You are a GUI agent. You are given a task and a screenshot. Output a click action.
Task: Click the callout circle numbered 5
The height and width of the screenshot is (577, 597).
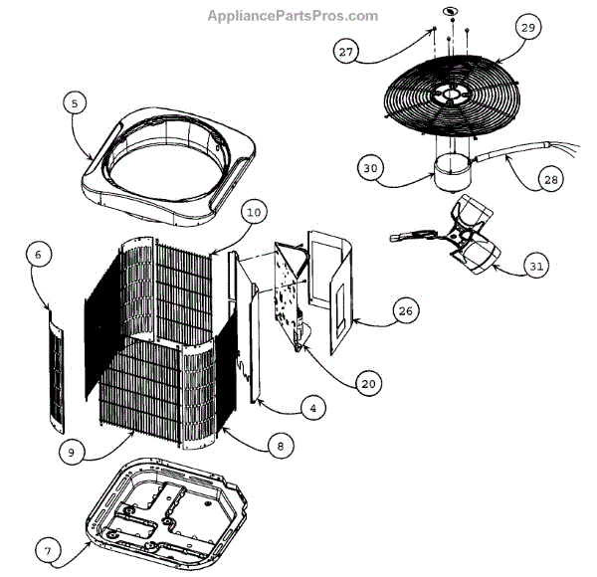click(75, 102)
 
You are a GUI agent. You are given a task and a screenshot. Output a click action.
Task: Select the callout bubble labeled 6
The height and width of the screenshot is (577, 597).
click(38, 256)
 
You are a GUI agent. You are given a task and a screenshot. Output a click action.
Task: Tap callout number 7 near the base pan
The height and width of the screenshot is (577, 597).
click(46, 549)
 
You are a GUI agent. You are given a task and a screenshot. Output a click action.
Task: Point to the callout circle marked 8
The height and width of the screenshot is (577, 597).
click(281, 447)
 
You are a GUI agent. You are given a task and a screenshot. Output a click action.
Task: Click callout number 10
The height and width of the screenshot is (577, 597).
click(253, 212)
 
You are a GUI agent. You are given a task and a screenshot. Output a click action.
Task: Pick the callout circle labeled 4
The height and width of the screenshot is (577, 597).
click(312, 408)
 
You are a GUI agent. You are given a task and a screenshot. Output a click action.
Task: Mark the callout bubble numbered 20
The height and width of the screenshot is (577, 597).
click(368, 383)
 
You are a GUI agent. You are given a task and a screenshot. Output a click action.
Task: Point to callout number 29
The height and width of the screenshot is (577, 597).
click(527, 28)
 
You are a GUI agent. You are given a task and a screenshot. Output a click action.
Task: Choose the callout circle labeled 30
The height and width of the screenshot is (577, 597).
click(371, 169)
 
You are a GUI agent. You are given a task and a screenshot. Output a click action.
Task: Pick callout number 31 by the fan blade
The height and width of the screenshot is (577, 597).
click(536, 267)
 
